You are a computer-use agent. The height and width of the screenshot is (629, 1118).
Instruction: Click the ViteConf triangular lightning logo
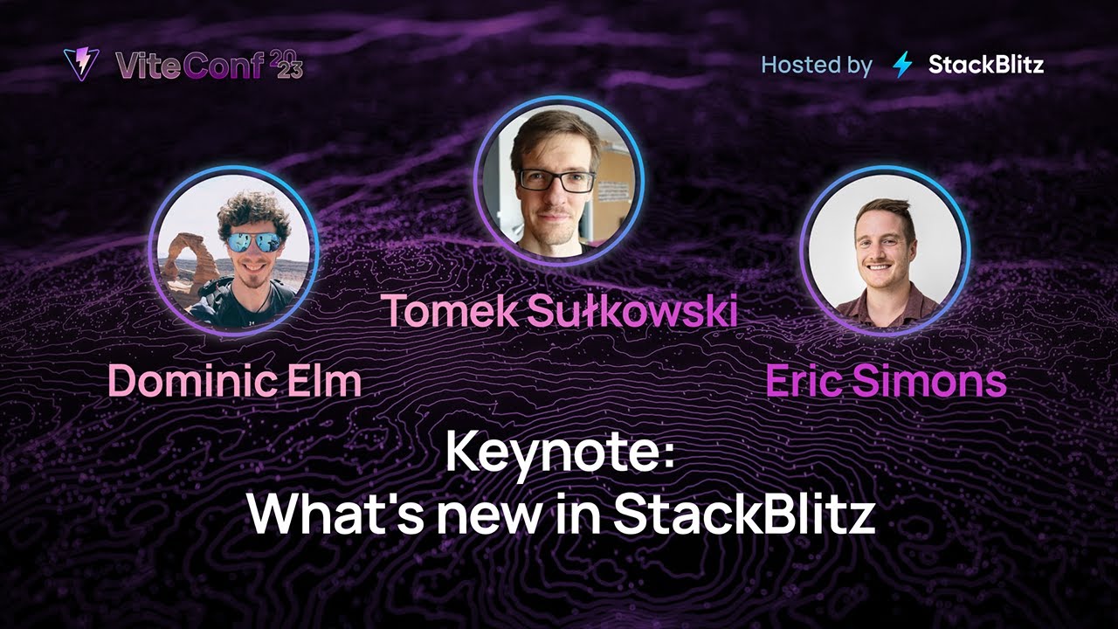pos(81,64)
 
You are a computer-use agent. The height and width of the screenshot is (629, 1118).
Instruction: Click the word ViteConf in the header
pos(189,66)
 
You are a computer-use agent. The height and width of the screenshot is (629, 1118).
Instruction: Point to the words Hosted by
pos(816,65)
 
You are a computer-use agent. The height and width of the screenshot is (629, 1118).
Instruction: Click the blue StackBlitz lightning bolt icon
pos(902,65)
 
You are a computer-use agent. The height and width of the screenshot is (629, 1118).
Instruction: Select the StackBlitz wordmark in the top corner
pos(985,65)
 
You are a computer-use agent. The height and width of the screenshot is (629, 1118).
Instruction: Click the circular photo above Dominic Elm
pos(233,252)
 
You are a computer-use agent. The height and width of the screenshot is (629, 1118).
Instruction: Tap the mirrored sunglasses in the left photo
pos(254,242)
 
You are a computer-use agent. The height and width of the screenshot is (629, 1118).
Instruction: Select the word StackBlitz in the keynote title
pos(743,515)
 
